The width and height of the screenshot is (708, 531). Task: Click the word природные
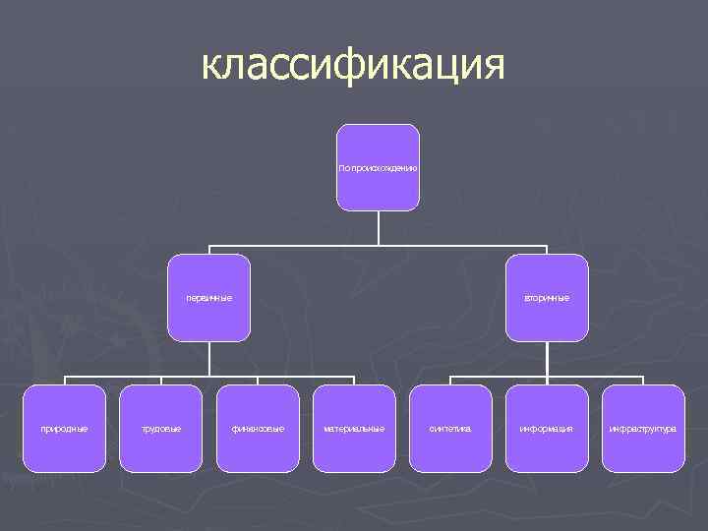pyautogui.click(x=64, y=429)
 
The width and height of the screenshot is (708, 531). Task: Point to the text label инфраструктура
pyautogui.click(x=643, y=429)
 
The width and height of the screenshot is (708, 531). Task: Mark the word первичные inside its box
pyautogui.click(x=208, y=298)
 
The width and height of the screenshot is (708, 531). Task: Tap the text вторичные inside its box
pyautogui.click(x=547, y=298)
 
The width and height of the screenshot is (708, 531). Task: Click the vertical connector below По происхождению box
pyautogui.click(x=379, y=227)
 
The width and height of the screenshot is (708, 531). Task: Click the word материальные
pyautogui.click(x=354, y=429)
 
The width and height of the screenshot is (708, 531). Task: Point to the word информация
pyautogui.click(x=547, y=429)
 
